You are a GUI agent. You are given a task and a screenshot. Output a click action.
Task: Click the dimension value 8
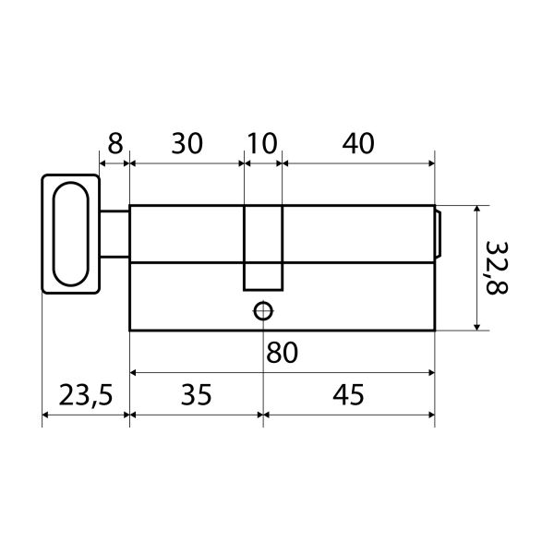115,144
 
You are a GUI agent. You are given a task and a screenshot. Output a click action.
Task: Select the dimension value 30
187,144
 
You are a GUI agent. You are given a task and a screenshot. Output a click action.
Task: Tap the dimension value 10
262,144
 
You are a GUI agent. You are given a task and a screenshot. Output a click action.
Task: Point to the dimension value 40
358,144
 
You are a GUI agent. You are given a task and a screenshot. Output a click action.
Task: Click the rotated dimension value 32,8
497,268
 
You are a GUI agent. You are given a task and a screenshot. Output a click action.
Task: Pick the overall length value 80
282,353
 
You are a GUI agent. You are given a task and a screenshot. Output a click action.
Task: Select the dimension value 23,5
86,395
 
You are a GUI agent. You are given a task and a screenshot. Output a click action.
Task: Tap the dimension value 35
196,394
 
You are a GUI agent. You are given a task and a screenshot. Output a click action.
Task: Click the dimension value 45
348,394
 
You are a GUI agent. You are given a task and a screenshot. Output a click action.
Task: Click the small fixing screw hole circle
263,311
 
